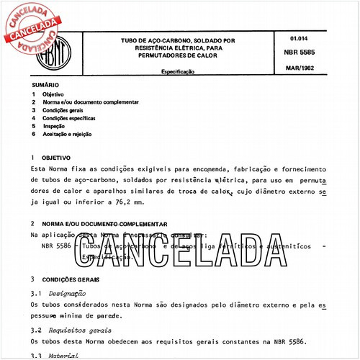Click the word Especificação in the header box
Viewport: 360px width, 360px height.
(182, 73)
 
